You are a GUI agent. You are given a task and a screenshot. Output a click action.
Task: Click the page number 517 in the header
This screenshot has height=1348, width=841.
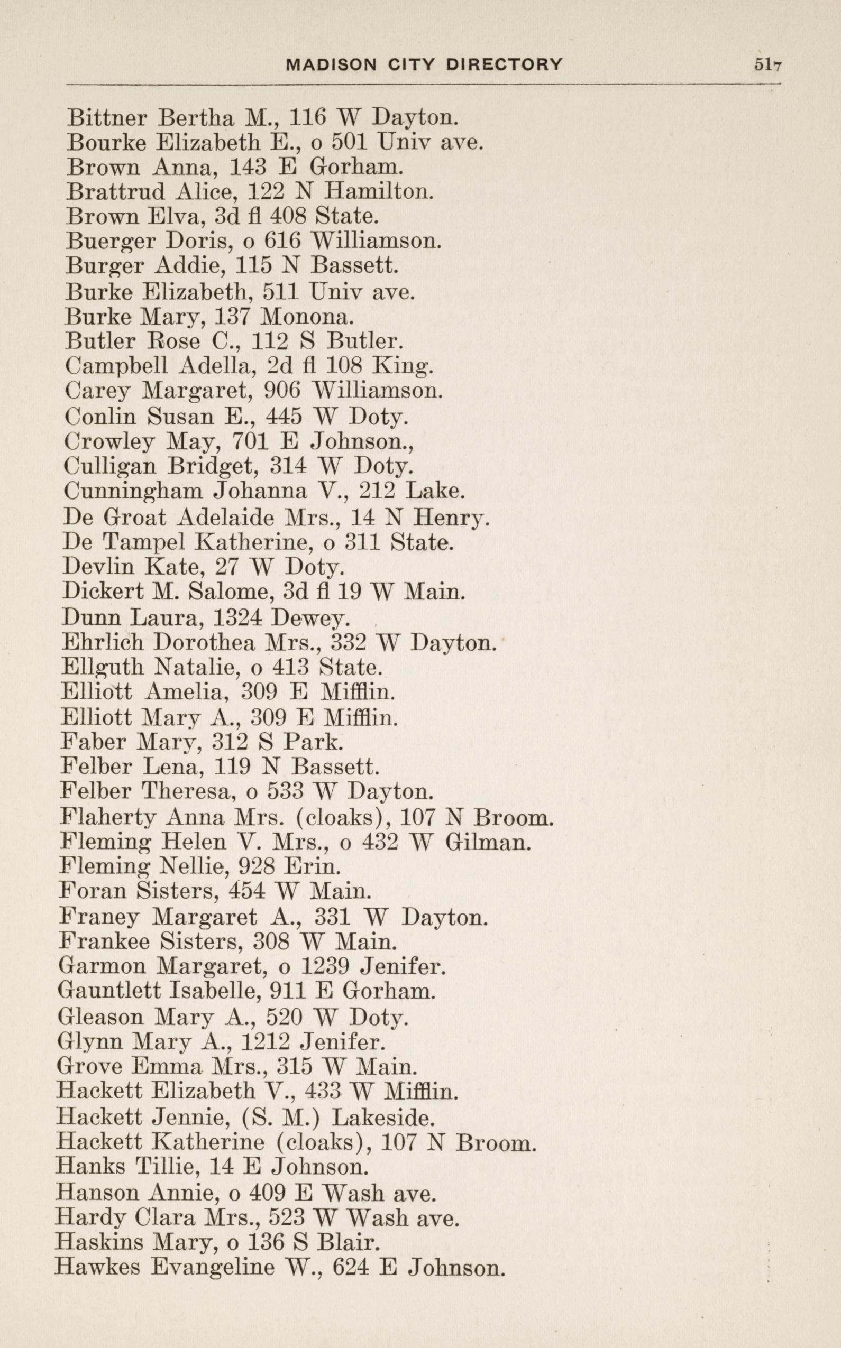[767, 64]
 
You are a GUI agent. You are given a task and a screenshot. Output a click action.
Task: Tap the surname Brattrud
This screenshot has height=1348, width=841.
[115, 192]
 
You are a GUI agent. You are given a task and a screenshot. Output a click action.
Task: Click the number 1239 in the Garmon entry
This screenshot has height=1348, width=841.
[324, 967]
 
